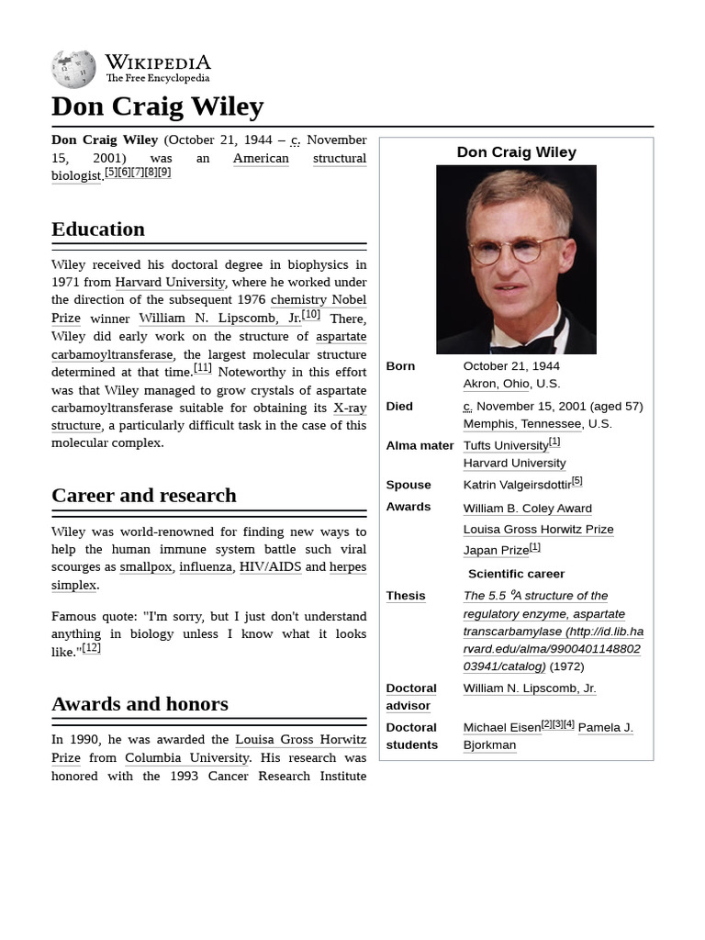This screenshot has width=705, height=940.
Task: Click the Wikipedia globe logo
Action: coord(73,69)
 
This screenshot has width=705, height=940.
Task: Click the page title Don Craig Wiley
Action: coord(157,106)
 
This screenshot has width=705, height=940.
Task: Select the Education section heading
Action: coord(98,229)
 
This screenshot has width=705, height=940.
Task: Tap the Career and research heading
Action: coord(144,496)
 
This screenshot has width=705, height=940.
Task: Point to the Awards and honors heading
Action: coord(140,704)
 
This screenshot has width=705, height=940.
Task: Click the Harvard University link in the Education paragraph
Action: coord(170,282)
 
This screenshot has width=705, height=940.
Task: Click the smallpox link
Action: coord(145,567)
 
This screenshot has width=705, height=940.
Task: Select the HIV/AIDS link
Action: coord(270,567)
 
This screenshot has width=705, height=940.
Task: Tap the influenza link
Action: coord(206,567)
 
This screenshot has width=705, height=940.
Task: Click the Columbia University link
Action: coord(186,758)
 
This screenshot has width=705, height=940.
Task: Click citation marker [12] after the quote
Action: coord(91,648)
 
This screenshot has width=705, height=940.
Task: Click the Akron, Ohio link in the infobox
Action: coord(496,384)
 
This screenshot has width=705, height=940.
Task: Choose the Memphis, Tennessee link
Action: coord(521,424)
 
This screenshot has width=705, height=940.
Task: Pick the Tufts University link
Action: coord(505,446)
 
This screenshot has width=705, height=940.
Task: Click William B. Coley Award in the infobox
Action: coord(527,509)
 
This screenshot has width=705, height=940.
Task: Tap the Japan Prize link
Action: coord(496,551)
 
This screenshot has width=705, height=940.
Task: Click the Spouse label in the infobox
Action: coord(408,485)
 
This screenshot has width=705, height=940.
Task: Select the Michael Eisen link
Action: coord(501,728)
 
